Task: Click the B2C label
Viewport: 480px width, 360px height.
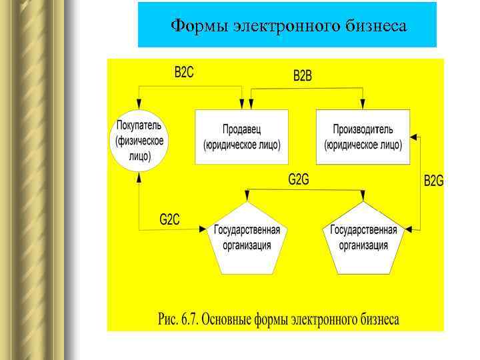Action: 184,73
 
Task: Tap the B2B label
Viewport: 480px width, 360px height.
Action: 303,77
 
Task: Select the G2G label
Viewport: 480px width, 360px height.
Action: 298,179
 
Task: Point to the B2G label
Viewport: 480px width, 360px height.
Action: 433,181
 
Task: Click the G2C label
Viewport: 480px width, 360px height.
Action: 169,219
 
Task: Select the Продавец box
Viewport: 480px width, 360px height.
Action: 241,137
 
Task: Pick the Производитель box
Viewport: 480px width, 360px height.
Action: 363,137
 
